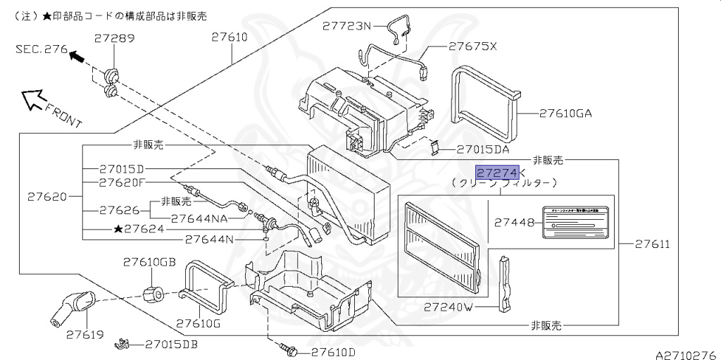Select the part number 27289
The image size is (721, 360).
(115, 39)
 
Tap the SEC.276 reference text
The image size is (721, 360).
(41, 50)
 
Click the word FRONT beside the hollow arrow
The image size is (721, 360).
(63, 114)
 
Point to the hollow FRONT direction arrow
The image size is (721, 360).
(32, 100)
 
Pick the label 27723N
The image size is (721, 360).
(346, 26)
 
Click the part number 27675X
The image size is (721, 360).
(472, 46)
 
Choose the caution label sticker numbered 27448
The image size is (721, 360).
(577, 221)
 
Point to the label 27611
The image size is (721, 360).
(651, 244)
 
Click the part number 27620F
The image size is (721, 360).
(121, 182)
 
